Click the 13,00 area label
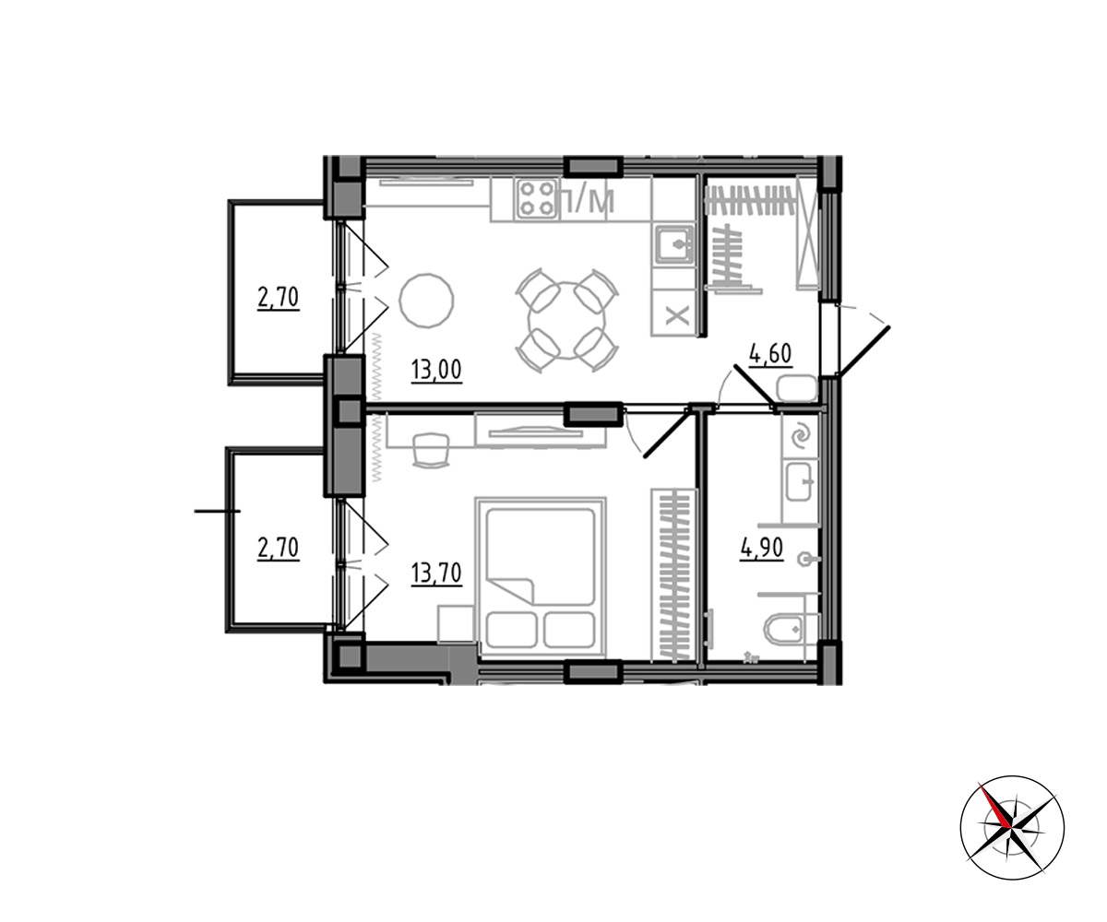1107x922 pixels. click(x=436, y=370)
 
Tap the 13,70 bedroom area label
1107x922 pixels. click(x=436, y=573)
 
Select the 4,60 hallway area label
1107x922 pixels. click(x=770, y=353)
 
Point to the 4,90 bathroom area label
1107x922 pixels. click(x=762, y=549)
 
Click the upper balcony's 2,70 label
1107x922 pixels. click(x=279, y=298)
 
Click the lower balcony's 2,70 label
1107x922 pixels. click(x=279, y=548)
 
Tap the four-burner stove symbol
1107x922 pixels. click(x=536, y=199)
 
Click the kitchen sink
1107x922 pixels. click(x=673, y=245)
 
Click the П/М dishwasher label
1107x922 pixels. click(x=587, y=201)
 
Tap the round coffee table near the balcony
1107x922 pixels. click(x=427, y=301)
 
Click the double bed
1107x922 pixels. click(x=541, y=577)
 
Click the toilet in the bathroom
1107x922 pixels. click(x=785, y=631)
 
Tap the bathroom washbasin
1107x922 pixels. click(x=799, y=481)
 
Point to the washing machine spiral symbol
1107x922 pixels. click(x=799, y=435)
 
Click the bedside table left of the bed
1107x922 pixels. click(x=456, y=626)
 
